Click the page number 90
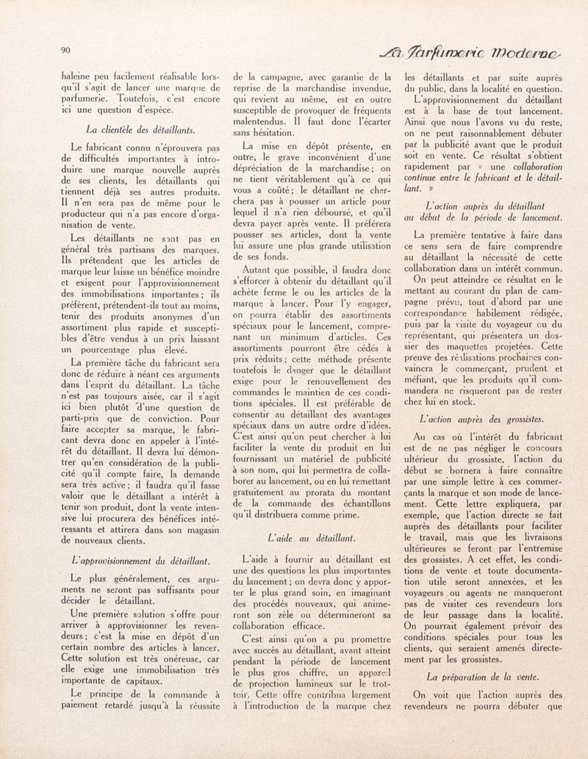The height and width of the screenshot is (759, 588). click(65, 50)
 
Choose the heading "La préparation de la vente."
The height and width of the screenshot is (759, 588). click(482, 676)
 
